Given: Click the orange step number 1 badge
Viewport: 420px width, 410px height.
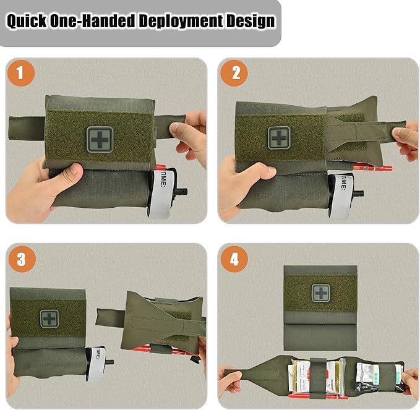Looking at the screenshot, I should pyautogui.click(x=21, y=74).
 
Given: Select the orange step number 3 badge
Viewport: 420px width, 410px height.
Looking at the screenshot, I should pyautogui.click(x=21, y=260).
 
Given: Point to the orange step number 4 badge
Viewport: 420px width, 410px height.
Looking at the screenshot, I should pyautogui.click(x=234, y=260).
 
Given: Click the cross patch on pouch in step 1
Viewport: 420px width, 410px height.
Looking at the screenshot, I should pyautogui.click(x=100, y=137).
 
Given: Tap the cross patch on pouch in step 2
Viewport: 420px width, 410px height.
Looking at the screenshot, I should pyautogui.click(x=278, y=137).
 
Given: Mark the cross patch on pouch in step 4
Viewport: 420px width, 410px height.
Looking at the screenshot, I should pyautogui.click(x=320, y=293).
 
